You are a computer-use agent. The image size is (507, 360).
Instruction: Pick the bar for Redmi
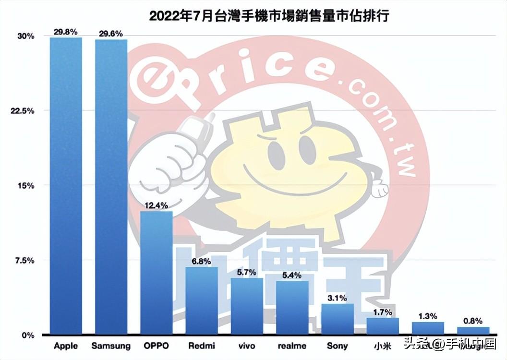pos(202,300)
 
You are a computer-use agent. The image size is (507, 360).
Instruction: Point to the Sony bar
pos(338,319)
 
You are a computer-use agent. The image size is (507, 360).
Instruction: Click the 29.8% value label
pos(66,32)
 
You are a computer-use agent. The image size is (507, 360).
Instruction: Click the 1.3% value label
pos(428,316)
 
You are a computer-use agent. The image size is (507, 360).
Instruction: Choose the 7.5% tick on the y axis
pos(25,260)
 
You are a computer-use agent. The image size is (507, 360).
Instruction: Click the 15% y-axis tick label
pos(27,186)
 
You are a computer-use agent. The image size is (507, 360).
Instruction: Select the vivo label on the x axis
pos(247,346)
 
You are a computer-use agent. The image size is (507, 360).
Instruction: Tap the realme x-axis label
pos(292,346)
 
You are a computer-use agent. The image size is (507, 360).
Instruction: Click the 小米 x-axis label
pos(383,346)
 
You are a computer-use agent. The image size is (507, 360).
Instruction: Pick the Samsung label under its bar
pos(111,346)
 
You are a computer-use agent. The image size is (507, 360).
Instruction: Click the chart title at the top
pos(269,15)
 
